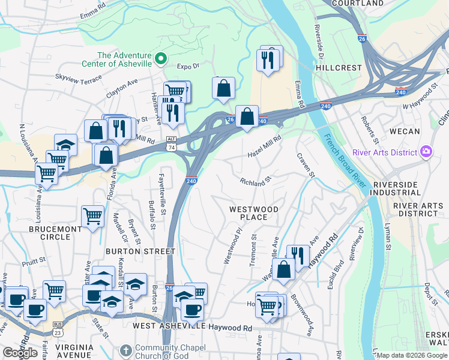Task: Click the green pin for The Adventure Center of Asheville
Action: coord(160,59)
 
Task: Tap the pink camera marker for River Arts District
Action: coord(427,151)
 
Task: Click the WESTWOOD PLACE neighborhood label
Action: coord(254,213)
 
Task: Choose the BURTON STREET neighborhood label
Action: coord(140,251)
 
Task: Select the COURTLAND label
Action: coord(358,4)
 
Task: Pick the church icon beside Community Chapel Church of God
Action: coord(125,349)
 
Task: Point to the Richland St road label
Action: coord(256,181)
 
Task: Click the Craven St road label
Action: coord(305,164)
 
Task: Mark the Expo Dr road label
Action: coord(187,67)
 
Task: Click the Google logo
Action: coord(20,353)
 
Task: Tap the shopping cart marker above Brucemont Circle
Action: coord(92,215)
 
